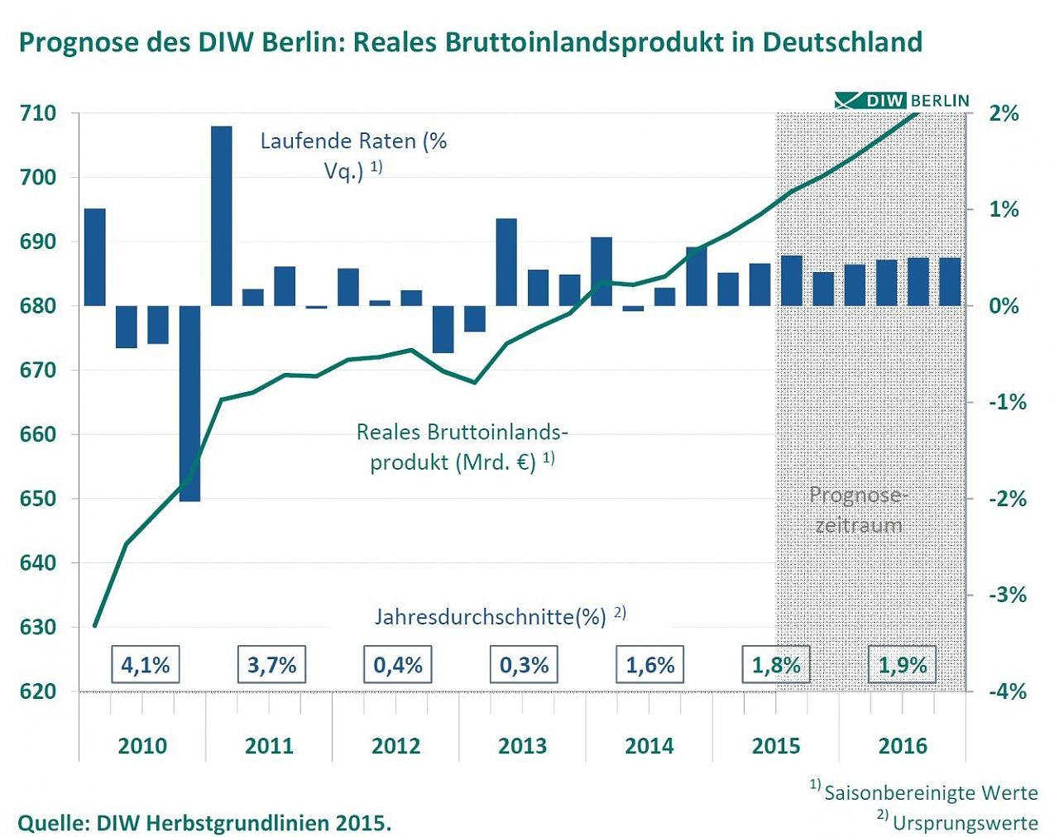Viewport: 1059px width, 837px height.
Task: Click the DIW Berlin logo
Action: coord(902,100)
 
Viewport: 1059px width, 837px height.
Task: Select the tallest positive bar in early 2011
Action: coord(221,215)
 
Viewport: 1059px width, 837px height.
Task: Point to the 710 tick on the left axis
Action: coord(37,113)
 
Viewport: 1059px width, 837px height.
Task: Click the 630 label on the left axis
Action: coord(37,628)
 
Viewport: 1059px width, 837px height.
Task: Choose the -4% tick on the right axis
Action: coord(1007,691)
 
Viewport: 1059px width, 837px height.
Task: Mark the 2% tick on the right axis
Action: coord(1004,113)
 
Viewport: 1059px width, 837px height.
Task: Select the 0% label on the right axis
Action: coord(1004,306)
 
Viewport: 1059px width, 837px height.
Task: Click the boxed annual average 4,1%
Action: coord(145,665)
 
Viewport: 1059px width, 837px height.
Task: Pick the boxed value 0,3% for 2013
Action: coord(524,665)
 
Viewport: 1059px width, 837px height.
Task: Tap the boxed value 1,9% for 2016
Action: coord(902,665)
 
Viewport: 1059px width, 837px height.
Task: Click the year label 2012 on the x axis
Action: coord(395,746)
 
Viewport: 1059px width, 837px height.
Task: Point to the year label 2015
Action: coord(775,746)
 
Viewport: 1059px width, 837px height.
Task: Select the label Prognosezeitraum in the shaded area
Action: coord(858,509)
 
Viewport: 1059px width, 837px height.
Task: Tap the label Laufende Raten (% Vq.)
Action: coord(353,155)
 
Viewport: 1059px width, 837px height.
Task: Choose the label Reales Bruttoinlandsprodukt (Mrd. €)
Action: coord(462,447)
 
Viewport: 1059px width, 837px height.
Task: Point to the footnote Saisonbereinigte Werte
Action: coord(930,792)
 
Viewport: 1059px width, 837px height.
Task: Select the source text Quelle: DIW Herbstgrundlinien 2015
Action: coord(204,823)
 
